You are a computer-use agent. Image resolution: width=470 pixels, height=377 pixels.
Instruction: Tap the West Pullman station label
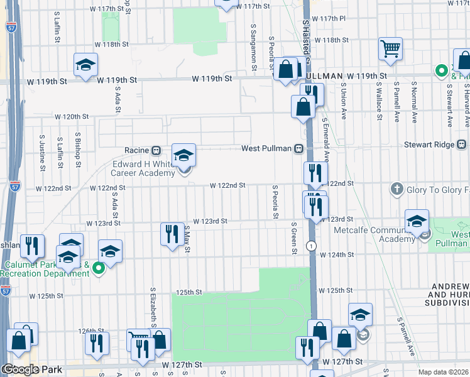268,148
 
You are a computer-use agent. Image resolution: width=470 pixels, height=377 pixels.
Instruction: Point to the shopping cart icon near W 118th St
390,48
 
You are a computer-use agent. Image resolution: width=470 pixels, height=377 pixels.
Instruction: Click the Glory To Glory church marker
396,188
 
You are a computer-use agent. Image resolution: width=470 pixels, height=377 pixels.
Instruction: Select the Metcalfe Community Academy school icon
417,221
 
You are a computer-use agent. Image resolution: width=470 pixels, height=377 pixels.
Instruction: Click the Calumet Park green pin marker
98,269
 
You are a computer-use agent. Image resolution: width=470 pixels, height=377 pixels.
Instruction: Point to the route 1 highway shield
311,245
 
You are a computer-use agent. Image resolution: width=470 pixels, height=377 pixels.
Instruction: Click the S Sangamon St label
253,43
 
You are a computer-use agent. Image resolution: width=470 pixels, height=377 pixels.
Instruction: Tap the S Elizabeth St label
153,307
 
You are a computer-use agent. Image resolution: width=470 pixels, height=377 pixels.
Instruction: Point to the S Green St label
294,238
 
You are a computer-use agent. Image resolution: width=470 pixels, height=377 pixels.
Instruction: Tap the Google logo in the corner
20,369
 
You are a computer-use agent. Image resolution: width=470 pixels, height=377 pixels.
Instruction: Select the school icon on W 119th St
86,64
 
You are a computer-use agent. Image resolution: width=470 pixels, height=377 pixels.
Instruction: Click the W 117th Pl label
332,18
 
